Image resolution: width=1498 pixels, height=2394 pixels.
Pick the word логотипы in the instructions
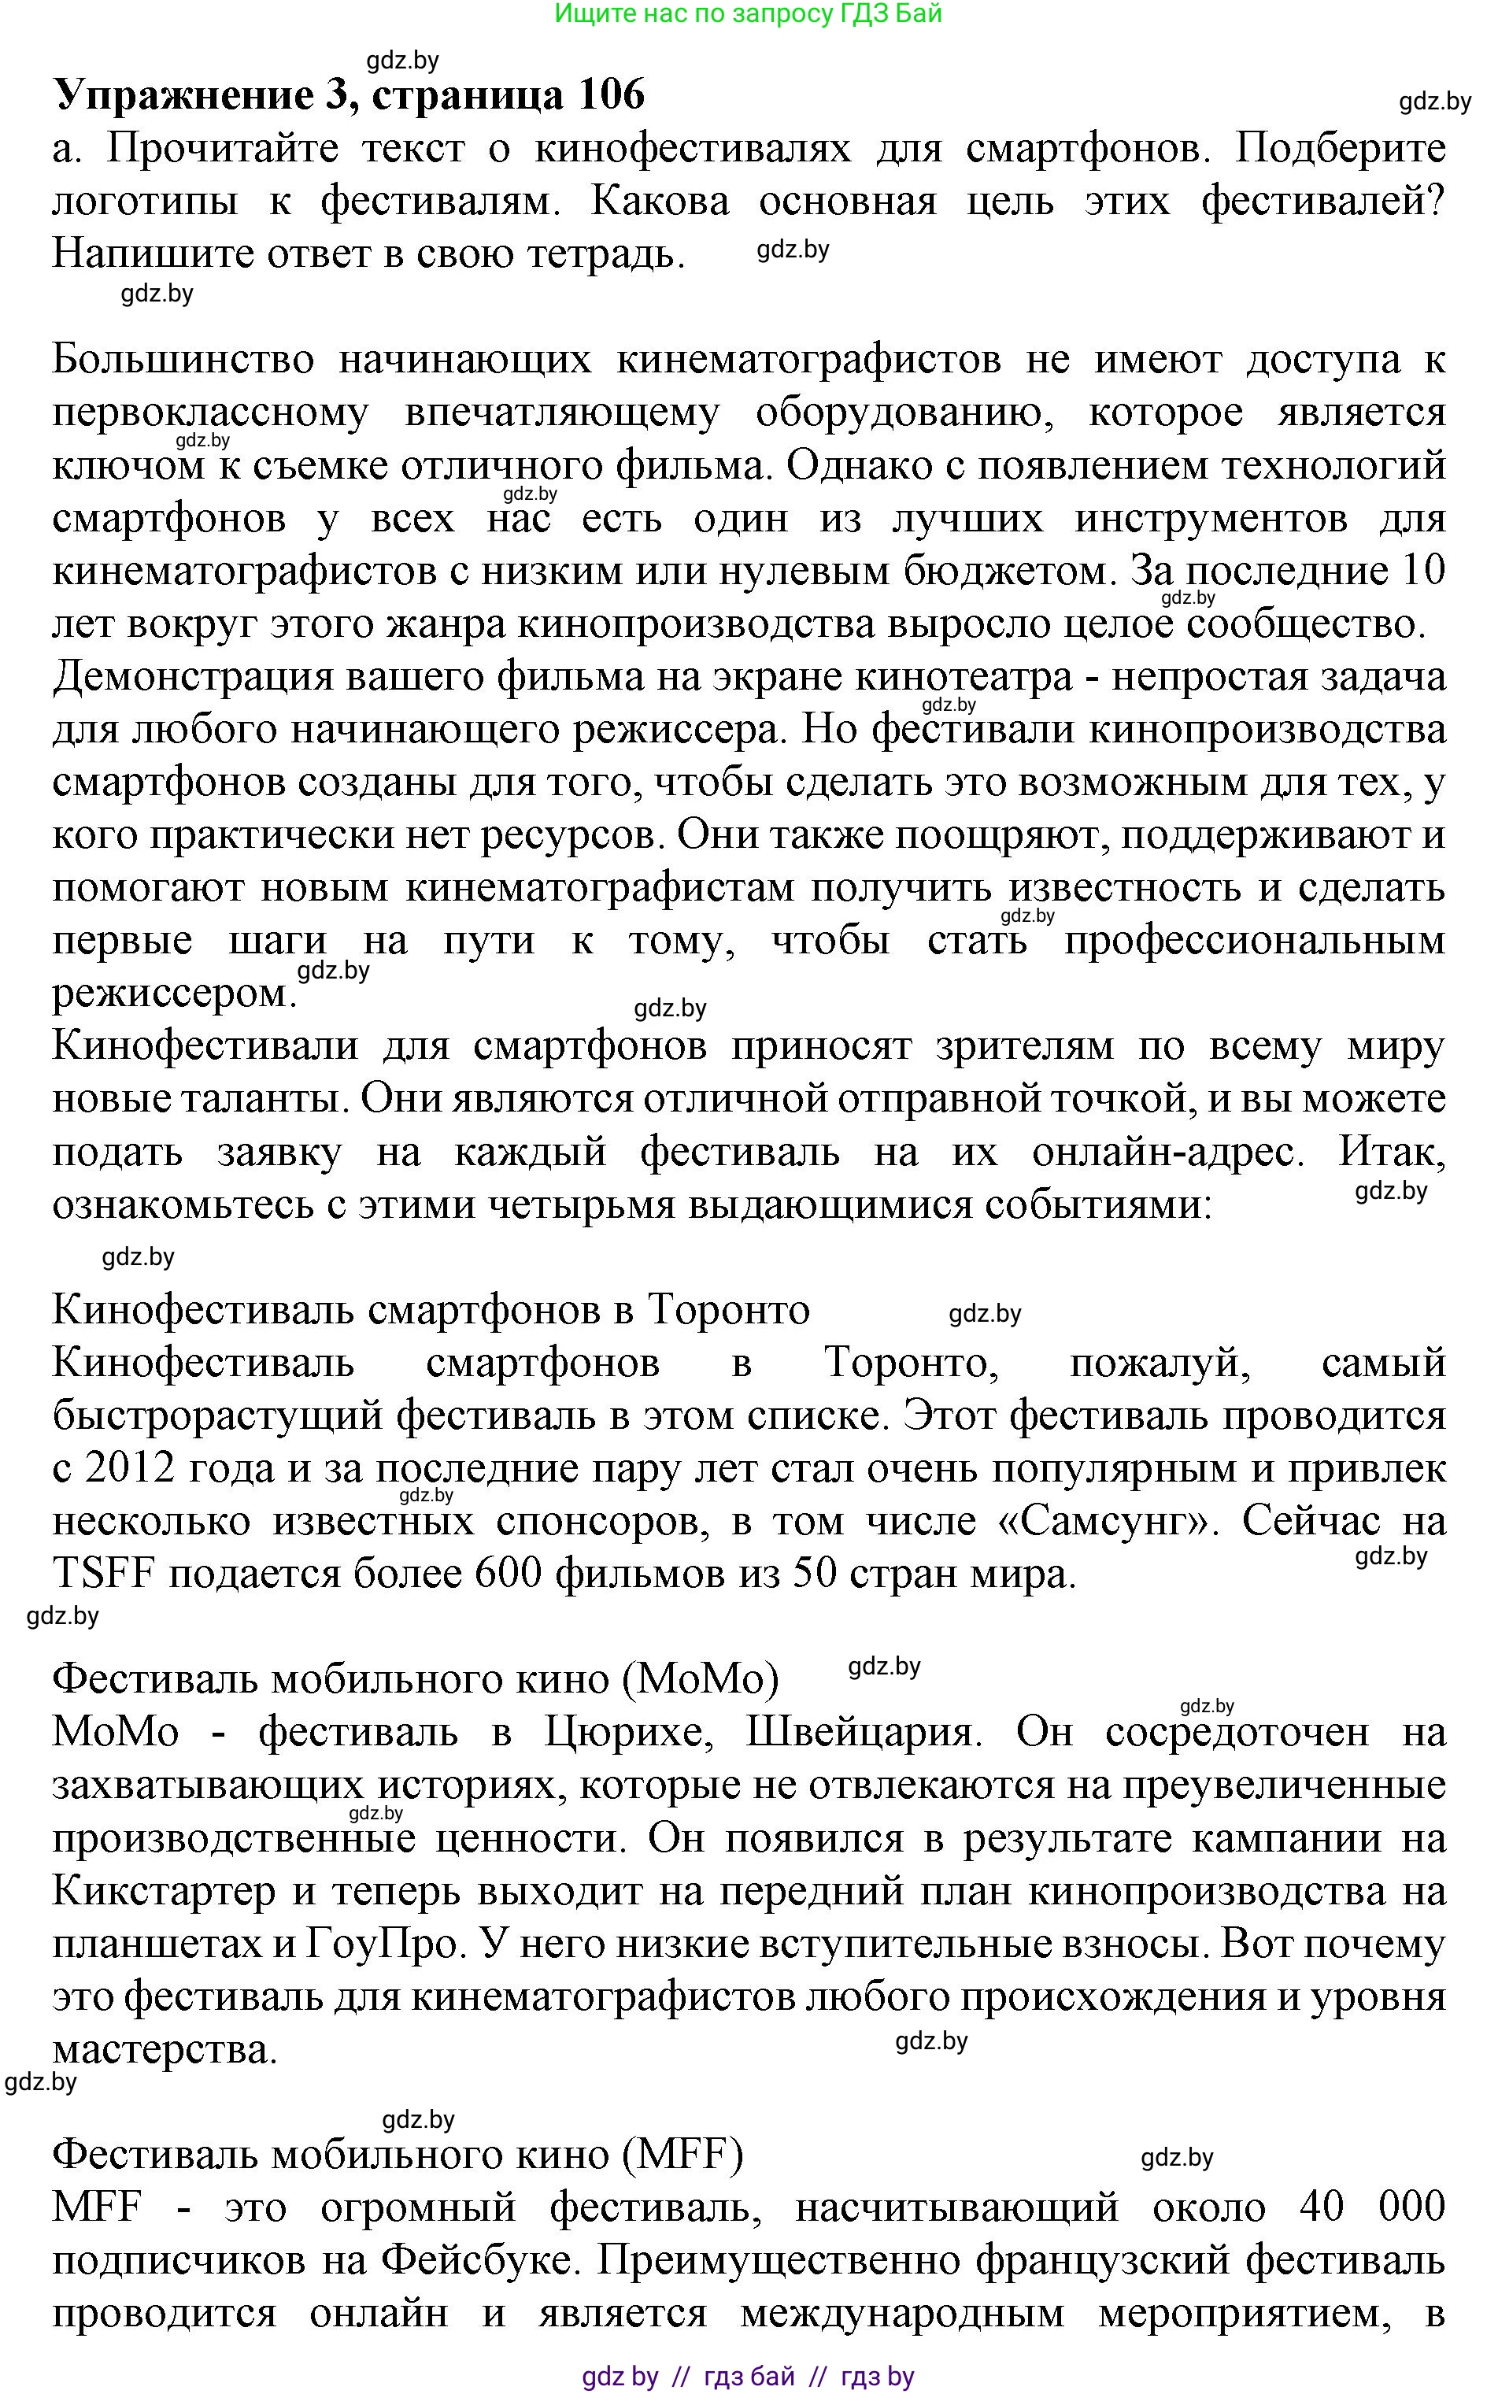tap(145, 202)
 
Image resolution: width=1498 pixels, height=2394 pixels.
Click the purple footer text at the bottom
tap(748, 2375)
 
